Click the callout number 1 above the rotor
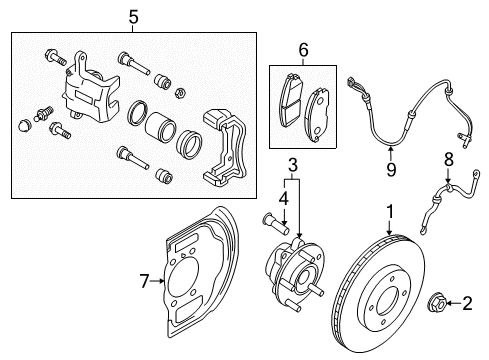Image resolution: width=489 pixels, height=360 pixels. pos(389,211)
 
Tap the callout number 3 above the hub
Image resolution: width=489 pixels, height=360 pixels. pos(292,164)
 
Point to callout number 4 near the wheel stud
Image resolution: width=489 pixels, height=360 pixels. pos(283,198)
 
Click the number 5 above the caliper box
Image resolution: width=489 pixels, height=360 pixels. pos(134,17)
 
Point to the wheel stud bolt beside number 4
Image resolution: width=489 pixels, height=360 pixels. pos(277,226)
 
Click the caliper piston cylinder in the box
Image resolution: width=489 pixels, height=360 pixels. pos(158,128)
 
